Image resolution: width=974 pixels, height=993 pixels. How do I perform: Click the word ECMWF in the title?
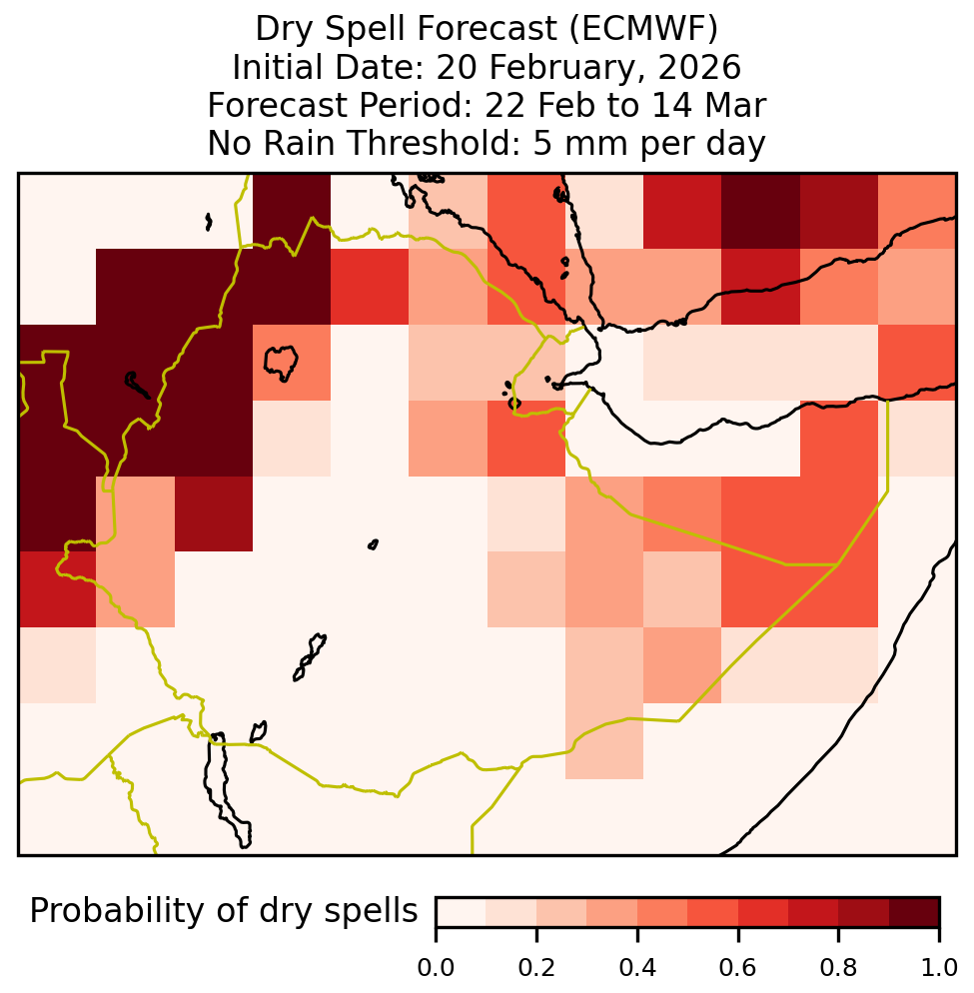coord(644,29)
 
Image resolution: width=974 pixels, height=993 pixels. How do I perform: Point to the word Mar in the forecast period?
coord(739,105)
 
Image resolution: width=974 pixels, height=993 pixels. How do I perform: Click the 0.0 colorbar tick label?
coord(436,968)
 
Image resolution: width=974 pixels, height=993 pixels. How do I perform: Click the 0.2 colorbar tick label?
coord(536,968)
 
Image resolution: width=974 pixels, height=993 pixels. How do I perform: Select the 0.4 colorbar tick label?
coord(637,968)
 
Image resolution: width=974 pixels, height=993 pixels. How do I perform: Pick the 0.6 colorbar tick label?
coord(738,968)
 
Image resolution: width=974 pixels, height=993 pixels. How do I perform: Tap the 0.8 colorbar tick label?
coord(838,968)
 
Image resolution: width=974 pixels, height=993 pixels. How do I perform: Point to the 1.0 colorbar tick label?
coord(939,968)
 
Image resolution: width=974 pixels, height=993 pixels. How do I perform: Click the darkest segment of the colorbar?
coord(914,912)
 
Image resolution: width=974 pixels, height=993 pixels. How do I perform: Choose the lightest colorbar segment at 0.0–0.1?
coord(462,912)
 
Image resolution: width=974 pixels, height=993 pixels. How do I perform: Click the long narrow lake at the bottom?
coord(227,789)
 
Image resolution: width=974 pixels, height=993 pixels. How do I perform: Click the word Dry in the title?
coord(285,30)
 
